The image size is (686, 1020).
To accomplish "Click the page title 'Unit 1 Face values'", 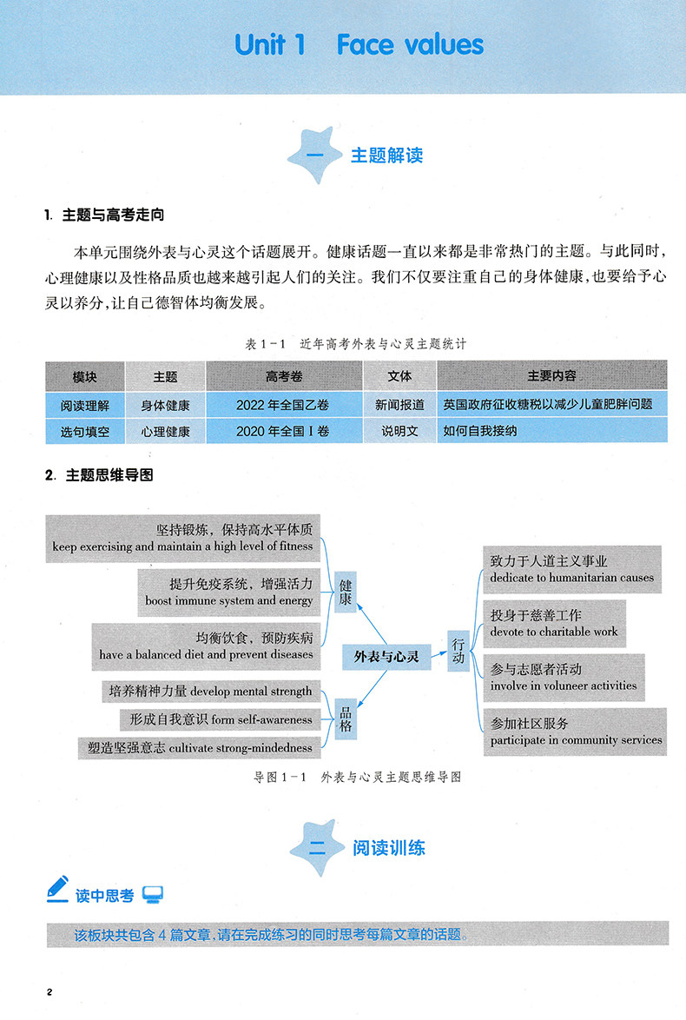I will click(359, 44).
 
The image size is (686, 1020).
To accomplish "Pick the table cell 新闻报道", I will click(399, 404).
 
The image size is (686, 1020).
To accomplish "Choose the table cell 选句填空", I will click(85, 430).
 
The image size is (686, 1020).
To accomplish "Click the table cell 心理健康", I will click(165, 430).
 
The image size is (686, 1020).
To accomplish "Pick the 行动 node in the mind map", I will click(458, 652).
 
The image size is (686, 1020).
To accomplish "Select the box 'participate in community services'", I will click(575, 732).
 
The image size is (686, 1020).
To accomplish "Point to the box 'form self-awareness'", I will click(219, 719).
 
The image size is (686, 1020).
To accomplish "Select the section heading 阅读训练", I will click(389, 847).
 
